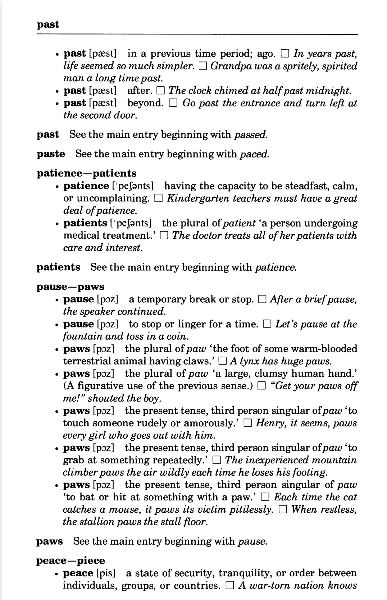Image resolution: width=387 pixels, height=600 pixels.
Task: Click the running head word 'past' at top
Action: coord(48,25)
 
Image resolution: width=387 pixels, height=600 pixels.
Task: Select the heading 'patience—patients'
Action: coord(87,173)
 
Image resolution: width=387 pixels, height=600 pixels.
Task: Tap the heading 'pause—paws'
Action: coord(70,287)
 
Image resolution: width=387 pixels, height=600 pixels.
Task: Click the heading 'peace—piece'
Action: coord(71,560)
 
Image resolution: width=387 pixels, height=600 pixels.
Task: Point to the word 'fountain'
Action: coord(79,336)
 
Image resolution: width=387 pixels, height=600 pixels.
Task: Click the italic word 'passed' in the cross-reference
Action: coord(251,135)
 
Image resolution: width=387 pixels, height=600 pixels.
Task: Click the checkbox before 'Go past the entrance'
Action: coord(173,104)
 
